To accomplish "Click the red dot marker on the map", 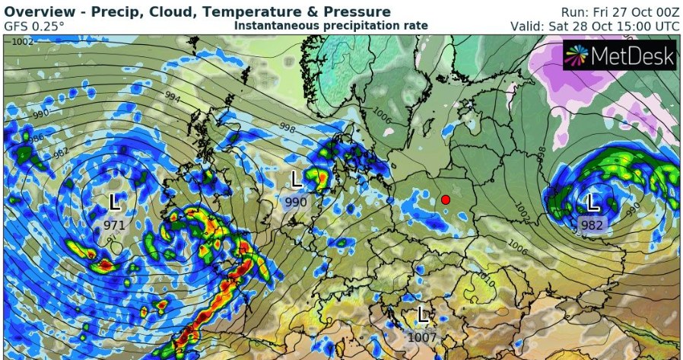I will [445, 200].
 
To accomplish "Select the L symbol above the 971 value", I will [116, 202].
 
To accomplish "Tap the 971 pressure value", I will [115, 225].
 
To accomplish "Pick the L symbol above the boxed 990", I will [297, 180].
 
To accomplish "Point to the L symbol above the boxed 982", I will [592, 203].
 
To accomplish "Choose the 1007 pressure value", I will [422, 335].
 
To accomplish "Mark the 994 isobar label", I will [172, 98].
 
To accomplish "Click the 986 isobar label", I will [33, 138].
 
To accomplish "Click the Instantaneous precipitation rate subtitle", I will [331, 26].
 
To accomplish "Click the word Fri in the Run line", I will [598, 12].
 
